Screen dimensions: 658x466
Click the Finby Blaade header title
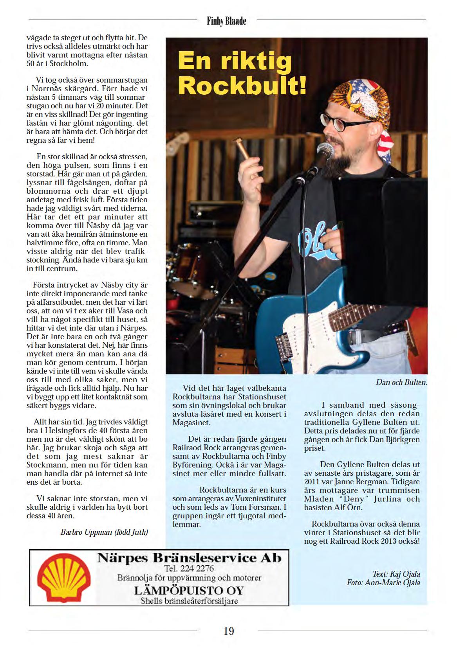pos(227,21)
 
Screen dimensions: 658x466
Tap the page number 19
pos(229,631)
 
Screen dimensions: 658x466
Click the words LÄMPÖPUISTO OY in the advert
pos(189,590)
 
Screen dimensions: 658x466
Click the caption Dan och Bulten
pos(401,382)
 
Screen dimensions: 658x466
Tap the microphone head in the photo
pos(325,150)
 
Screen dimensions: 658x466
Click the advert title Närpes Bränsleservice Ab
pos(189,557)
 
